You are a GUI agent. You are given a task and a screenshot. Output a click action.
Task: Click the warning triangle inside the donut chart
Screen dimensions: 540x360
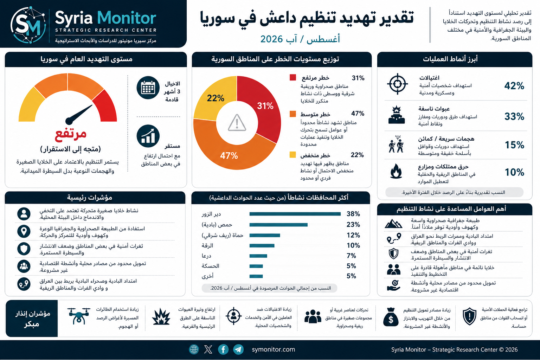(x=237, y=123)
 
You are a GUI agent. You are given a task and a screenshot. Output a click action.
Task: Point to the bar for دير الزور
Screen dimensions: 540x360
(x=295, y=214)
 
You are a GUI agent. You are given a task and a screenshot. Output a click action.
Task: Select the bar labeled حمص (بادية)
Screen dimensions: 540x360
(x=278, y=225)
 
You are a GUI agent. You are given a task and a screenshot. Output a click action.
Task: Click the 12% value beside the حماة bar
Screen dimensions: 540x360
(x=353, y=235)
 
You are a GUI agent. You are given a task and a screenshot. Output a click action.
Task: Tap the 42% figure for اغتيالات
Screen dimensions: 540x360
(x=514, y=86)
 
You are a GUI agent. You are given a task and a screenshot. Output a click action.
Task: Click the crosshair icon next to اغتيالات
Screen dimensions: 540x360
(x=397, y=84)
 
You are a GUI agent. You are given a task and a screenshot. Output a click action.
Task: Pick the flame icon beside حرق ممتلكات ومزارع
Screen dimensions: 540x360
(x=396, y=171)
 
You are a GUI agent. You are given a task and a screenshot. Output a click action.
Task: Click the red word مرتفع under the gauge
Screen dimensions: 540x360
(x=71, y=134)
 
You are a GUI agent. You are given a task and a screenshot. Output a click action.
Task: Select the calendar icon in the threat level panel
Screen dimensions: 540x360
(x=148, y=88)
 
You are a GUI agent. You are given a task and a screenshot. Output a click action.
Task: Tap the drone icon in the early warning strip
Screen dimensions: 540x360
(x=79, y=316)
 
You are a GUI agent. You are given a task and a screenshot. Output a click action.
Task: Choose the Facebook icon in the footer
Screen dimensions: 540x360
(x=223, y=349)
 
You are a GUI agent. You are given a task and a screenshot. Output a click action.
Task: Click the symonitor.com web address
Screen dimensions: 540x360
(x=274, y=349)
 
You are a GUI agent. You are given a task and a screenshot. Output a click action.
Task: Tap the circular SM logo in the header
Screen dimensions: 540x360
(x=28, y=25)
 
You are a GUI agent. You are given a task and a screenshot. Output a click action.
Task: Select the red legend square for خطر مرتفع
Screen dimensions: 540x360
(x=292, y=77)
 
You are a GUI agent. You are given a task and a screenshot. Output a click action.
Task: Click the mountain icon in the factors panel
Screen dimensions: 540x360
(x=393, y=224)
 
